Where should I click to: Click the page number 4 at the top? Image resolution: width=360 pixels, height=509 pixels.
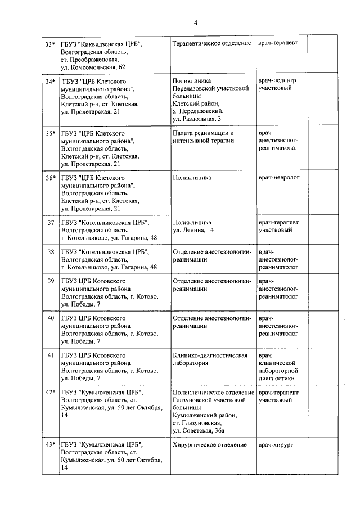point(196,23)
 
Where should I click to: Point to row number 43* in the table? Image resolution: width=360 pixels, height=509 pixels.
point(50,445)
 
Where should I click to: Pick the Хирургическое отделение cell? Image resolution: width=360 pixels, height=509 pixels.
point(210,445)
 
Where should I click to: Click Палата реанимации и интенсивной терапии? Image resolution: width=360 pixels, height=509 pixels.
point(203,137)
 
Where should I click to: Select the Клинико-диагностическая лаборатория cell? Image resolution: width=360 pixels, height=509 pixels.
point(210,359)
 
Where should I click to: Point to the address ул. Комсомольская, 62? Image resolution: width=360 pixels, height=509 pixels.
point(93,67)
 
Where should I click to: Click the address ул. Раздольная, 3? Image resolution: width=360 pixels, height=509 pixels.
point(197,119)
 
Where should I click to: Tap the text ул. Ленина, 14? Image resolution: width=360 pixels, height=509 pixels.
point(193,231)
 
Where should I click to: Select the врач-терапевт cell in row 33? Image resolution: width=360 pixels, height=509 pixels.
point(278,43)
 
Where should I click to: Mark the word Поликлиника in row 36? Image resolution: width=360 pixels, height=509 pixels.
point(192,178)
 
